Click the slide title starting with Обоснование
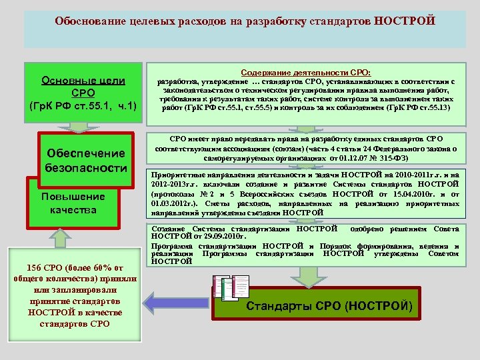coord(245,21)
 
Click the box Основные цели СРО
coord(83,93)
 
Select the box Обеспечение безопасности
coord(86,161)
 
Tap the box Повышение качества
coord(73,203)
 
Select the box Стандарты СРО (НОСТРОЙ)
coord(329,307)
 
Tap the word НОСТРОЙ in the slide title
coord(405,21)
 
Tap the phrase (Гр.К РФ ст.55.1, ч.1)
coord(83,105)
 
